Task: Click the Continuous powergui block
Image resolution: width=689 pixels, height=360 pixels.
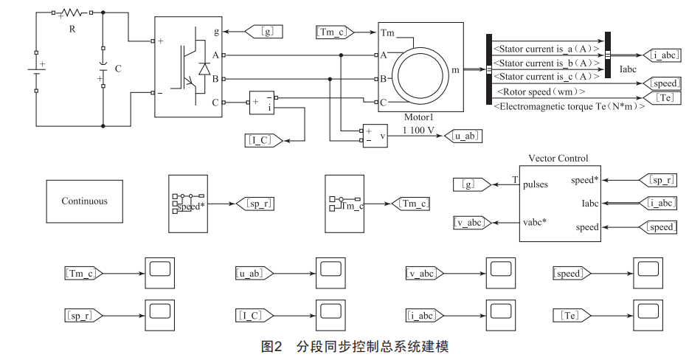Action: (84, 201)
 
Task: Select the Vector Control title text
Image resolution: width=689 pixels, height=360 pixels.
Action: (558, 158)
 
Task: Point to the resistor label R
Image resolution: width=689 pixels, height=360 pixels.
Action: (72, 29)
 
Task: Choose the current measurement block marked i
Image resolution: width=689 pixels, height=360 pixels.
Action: (261, 103)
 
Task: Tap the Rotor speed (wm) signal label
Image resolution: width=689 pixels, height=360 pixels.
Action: (541, 91)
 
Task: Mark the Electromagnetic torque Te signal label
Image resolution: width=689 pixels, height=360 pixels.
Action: (567, 106)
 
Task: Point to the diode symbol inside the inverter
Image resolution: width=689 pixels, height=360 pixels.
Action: (204, 68)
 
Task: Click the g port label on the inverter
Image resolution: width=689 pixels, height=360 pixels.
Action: (215, 32)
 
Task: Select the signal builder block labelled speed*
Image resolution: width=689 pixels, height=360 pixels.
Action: (189, 204)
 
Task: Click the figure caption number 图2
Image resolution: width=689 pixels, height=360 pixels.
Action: (272, 346)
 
